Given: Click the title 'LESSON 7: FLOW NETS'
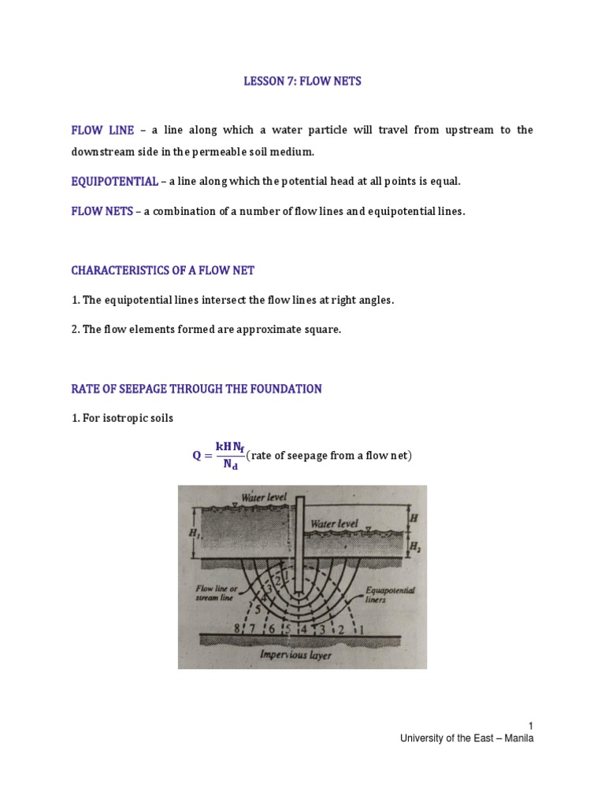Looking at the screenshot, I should [x=302, y=82].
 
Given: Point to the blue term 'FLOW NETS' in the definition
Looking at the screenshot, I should [x=102, y=212].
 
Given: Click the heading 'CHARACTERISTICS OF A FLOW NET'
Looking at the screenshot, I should [x=163, y=270].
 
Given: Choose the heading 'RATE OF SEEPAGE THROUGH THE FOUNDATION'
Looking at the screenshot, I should [x=196, y=389].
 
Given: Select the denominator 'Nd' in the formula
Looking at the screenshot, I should [x=230, y=464].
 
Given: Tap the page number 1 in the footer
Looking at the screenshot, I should [x=531, y=725].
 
